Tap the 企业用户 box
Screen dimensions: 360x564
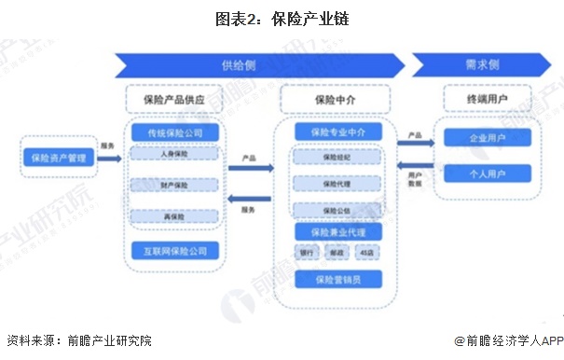(487, 137)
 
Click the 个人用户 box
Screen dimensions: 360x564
(487, 173)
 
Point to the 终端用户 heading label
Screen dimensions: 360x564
(487, 97)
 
